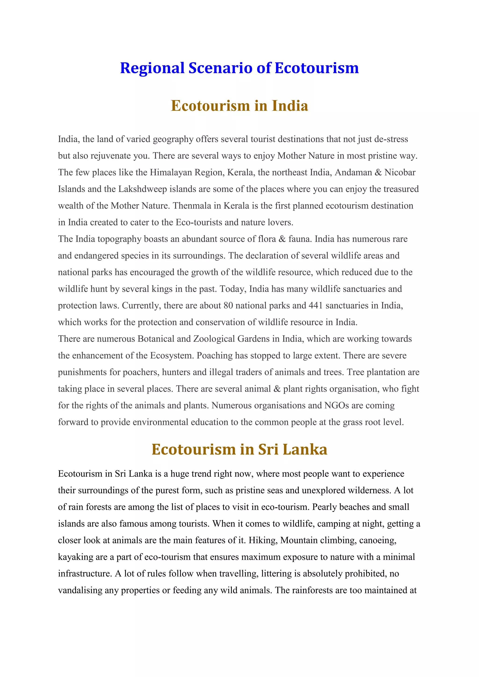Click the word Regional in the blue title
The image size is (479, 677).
coord(152,68)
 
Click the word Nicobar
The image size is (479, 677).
coord(400,172)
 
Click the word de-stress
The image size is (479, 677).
coord(391,139)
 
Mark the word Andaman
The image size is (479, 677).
coord(353,172)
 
